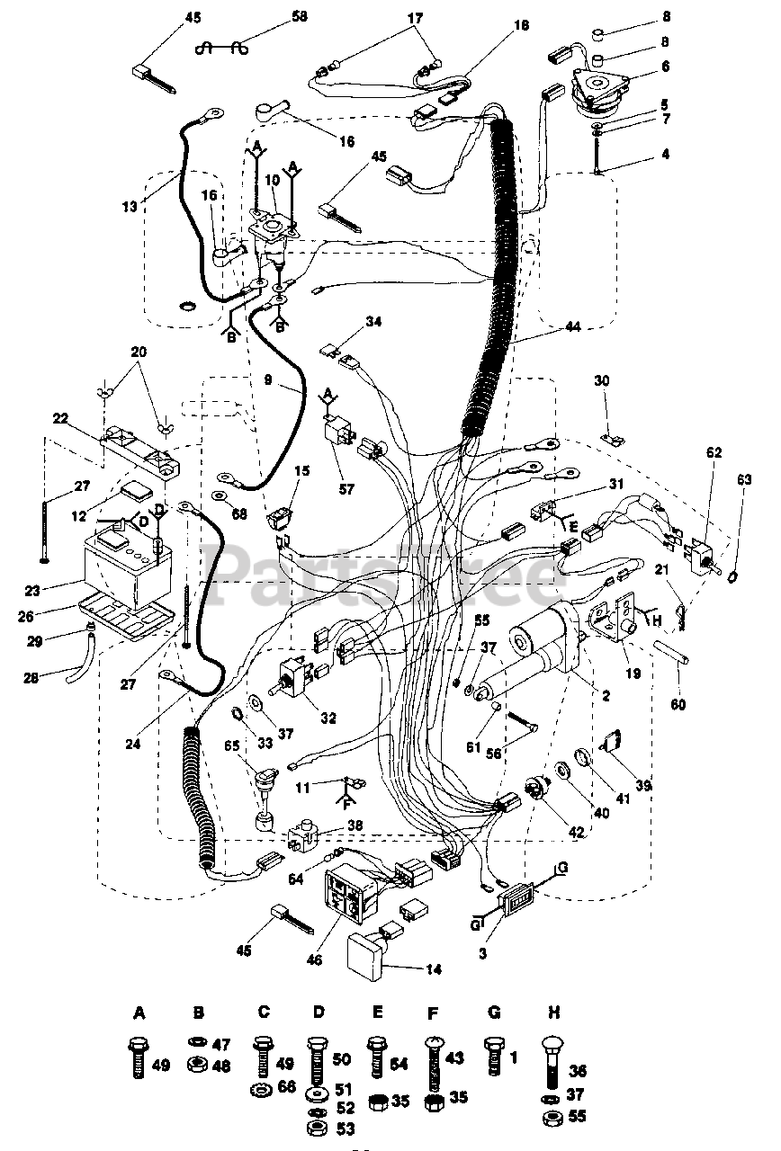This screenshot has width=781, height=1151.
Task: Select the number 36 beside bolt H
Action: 578,1072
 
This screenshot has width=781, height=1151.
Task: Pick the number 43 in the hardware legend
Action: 456,1059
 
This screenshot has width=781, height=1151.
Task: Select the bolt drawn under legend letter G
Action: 493,1054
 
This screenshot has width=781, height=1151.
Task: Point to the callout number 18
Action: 521,28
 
